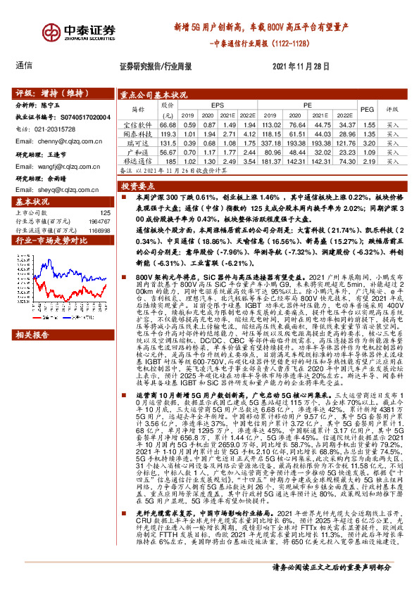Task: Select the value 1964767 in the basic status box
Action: pyautogui.click(x=98, y=221)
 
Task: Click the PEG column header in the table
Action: pyautogui.click(x=367, y=110)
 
